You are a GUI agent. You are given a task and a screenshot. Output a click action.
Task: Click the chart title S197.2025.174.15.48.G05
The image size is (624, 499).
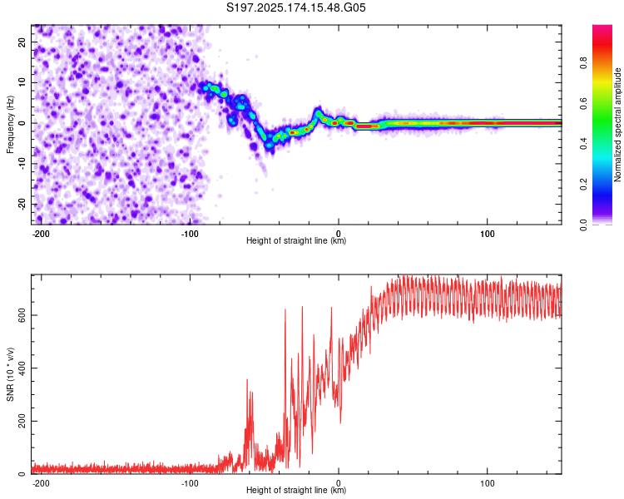297,8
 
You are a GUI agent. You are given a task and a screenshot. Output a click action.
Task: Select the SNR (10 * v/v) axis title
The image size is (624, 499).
11,373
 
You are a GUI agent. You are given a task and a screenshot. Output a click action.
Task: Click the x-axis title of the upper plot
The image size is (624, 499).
296,241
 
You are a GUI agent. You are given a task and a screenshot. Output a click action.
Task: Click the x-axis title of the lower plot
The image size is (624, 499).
296,491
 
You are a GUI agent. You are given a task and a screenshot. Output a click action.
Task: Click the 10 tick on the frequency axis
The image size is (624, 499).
22,82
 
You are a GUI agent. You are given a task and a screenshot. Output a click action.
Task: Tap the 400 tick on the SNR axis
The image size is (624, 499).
20,368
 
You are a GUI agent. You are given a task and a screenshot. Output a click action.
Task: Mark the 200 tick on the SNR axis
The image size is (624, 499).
20,421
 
